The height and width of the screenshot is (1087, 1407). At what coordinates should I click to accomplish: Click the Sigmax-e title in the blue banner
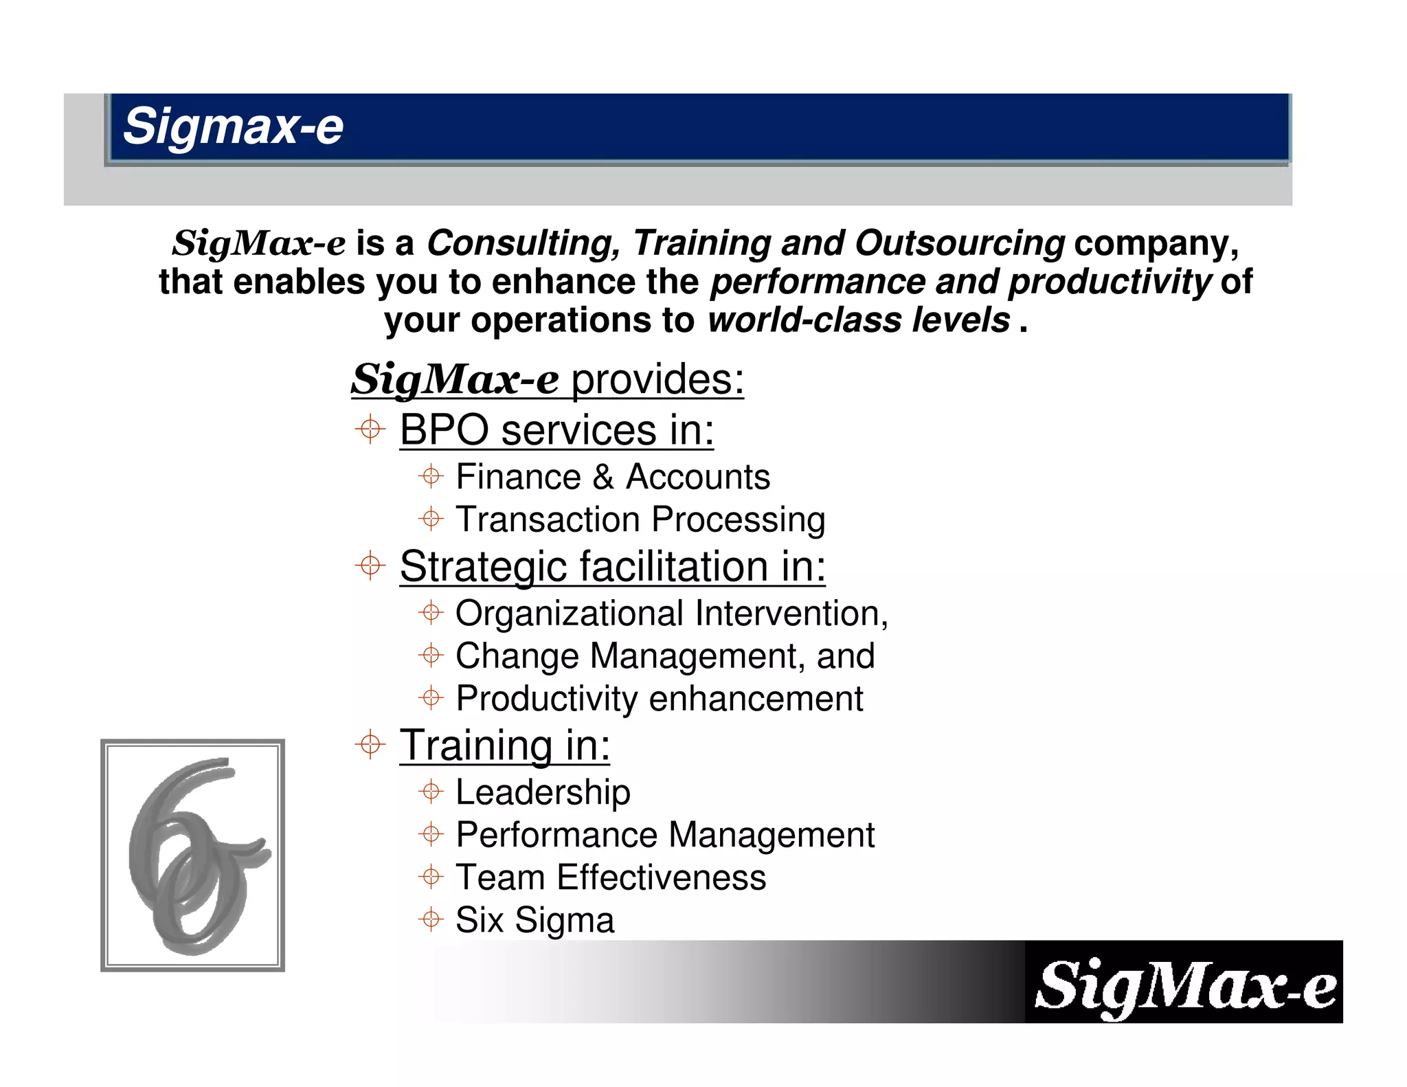tap(233, 126)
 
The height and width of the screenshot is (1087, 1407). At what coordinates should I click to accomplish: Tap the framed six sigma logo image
tap(192, 855)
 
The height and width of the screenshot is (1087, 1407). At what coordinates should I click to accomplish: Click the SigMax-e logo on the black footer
tap(1184, 985)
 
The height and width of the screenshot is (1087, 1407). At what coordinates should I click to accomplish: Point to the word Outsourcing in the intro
tap(959, 243)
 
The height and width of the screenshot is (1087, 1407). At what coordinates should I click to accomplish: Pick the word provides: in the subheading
tap(657, 379)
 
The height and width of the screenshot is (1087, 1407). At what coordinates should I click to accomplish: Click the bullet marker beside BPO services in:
tap(370, 430)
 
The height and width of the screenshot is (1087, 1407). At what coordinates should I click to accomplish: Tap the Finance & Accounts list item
tap(612, 477)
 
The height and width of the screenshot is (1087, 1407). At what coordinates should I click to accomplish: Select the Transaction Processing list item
tap(640, 519)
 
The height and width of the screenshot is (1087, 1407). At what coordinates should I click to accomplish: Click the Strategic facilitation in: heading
tap(612, 567)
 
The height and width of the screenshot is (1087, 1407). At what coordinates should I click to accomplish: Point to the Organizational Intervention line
tap(671, 614)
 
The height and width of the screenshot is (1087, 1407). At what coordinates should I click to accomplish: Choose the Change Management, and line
tap(665, 656)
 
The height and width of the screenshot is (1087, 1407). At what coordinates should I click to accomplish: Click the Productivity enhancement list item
tap(659, 699)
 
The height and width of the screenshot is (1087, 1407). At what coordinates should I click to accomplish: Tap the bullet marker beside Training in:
tap(370, 745)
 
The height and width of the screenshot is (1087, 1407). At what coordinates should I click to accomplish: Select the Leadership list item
tap(543, 792)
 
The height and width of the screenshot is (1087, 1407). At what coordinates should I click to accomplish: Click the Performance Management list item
tap(665, 835)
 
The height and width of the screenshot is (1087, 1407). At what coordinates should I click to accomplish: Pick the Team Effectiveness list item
tap(611, 877)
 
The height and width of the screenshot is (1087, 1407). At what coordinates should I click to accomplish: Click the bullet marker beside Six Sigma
tap(431, 919)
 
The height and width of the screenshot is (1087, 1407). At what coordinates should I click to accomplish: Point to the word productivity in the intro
tap(1109, 282)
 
